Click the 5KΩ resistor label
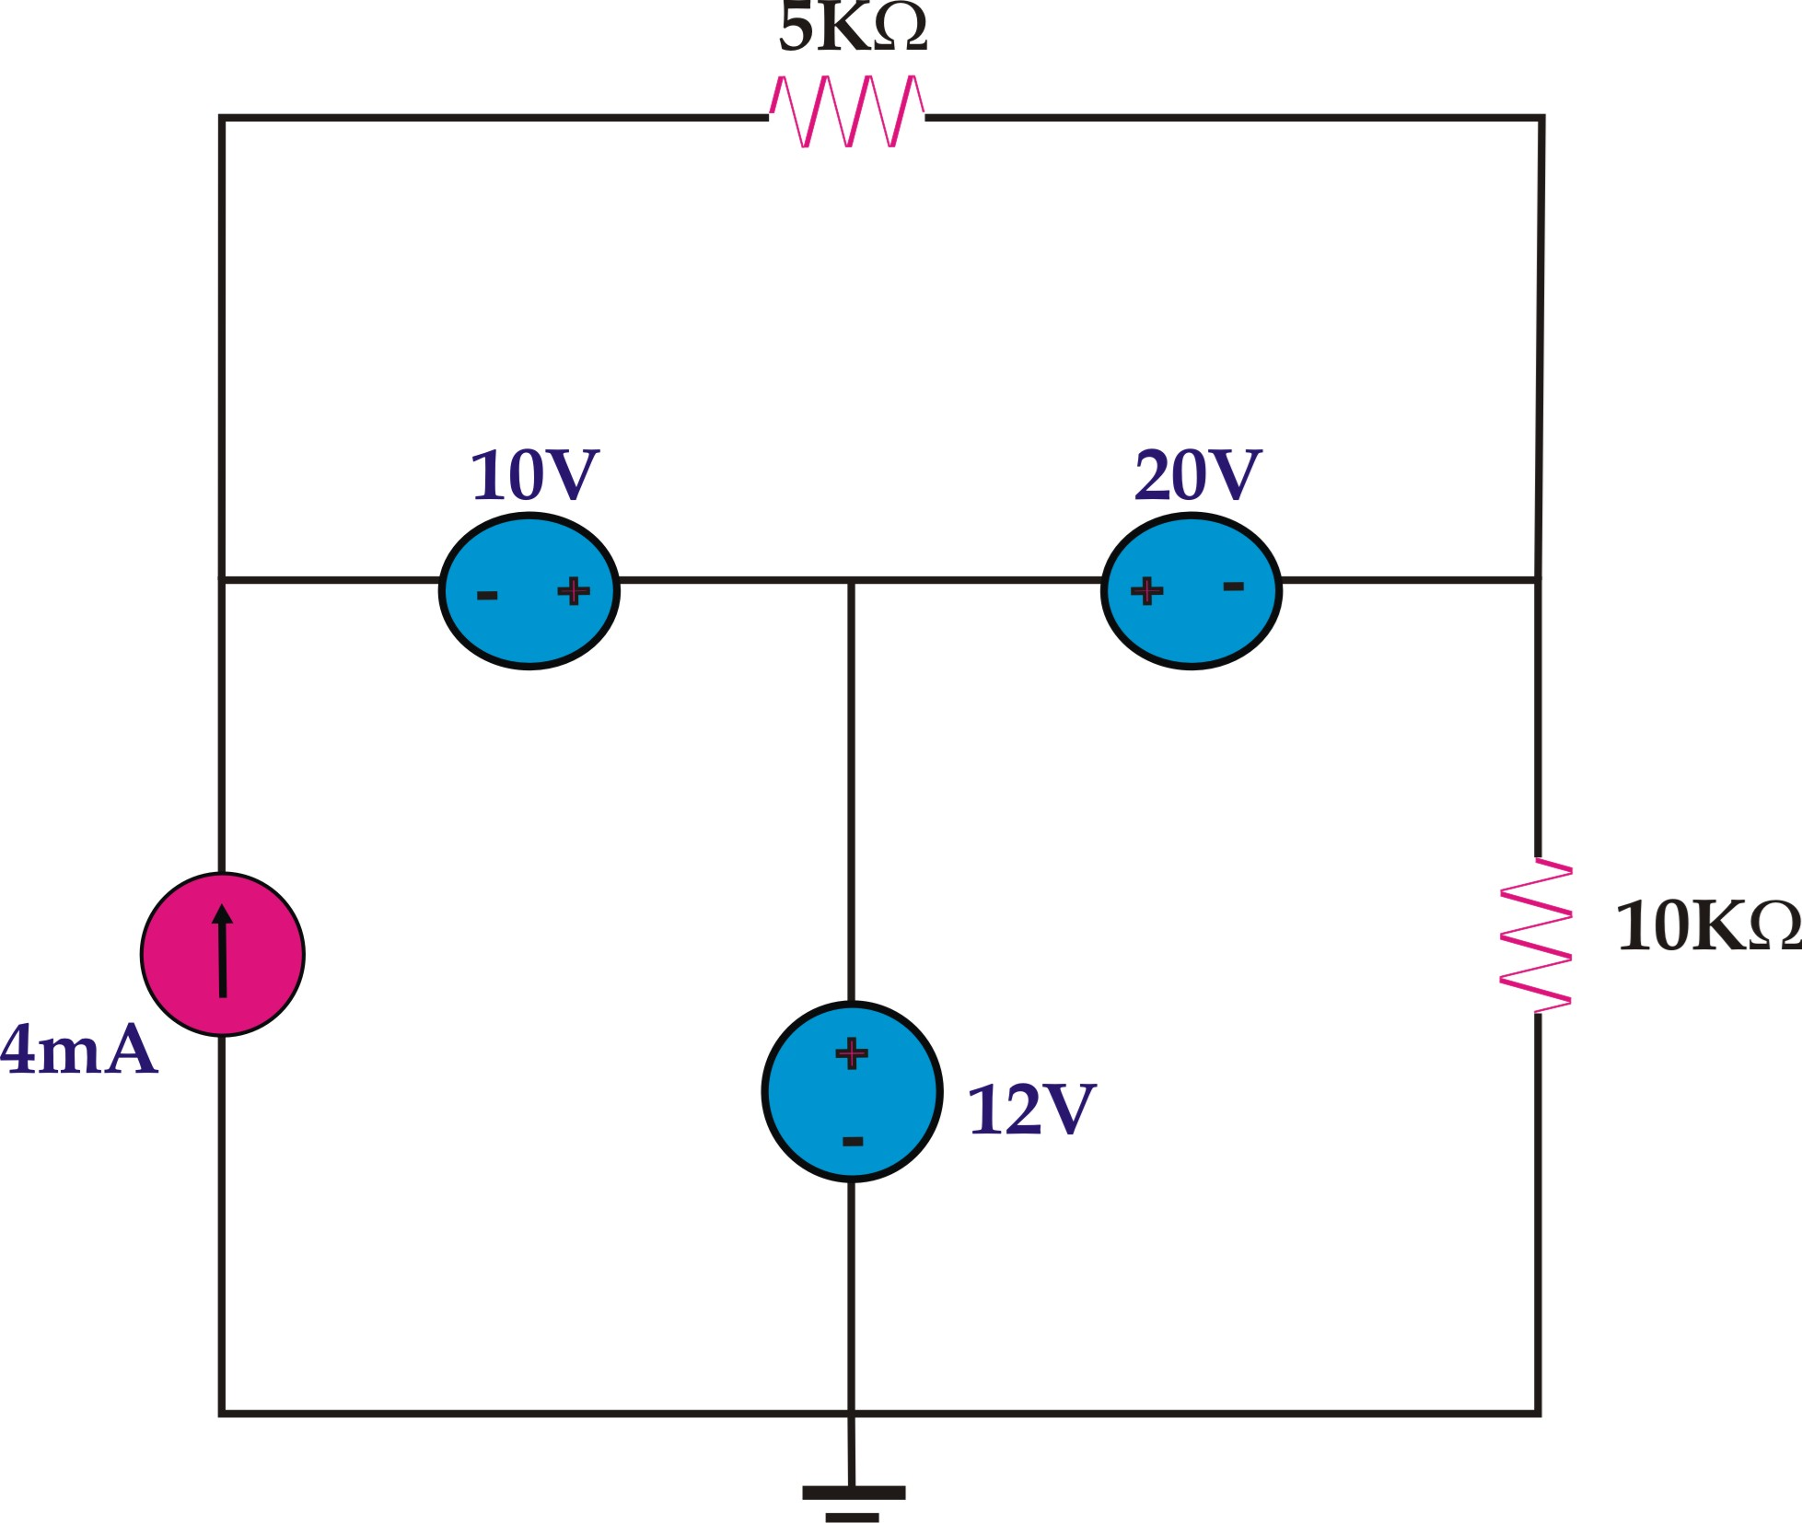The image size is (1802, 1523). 853,29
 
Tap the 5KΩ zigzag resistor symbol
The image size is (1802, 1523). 847,112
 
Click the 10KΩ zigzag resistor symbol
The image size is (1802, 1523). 1536,936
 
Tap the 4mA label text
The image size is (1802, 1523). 79,1050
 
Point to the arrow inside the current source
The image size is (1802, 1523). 222,950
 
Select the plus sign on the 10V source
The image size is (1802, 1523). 574,590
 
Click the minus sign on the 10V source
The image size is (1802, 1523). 487,596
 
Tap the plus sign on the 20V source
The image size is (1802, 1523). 1146,590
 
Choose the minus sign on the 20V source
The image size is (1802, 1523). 1233,587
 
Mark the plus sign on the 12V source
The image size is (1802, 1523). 852,1052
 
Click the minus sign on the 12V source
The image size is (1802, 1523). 853,1142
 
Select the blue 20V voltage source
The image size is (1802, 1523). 1191,626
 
